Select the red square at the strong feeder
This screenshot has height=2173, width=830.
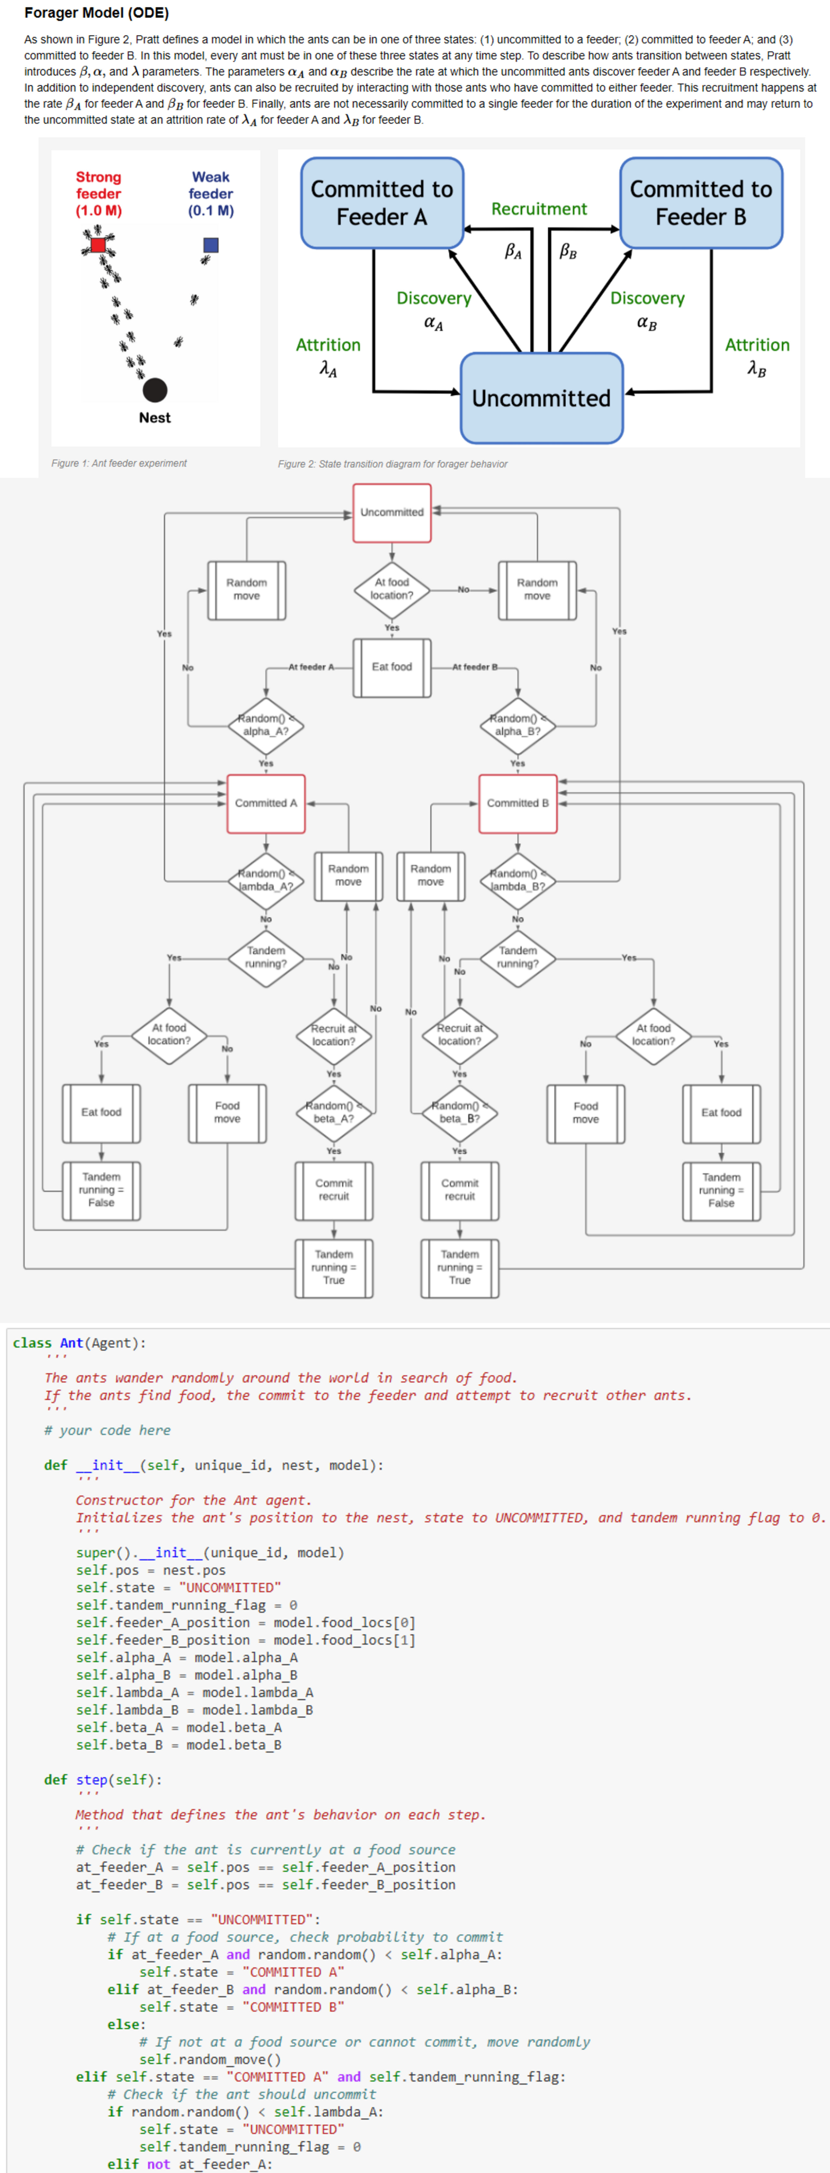[99, 245]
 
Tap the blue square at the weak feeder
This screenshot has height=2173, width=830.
[211, 245]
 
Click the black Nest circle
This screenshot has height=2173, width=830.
[154, 390]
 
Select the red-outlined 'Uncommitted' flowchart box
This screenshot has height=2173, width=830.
[392, 512]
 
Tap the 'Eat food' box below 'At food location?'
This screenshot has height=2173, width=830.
[392, 667]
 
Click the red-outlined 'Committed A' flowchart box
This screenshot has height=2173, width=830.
[266, 803]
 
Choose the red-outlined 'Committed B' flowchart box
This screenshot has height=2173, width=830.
[518, 803]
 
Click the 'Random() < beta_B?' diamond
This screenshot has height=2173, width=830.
[460, 1112]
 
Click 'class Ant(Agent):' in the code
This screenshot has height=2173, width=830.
[78, 1343]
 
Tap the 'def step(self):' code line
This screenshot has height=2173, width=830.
[103, 1780]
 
